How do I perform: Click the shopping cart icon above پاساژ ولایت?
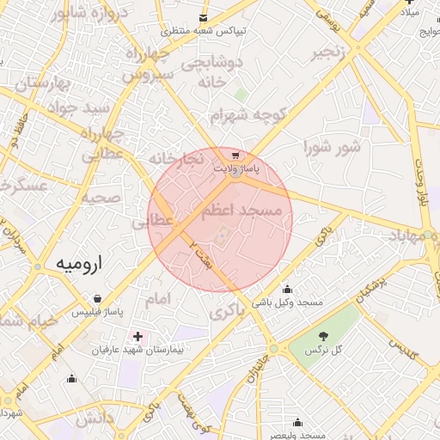point(235,156)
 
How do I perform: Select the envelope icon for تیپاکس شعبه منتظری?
point(203,17)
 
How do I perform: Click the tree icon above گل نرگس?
point(323,336)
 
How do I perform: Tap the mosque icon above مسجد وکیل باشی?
point(287,290)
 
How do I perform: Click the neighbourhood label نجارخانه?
point(176,160)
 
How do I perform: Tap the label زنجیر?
point(331,52)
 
